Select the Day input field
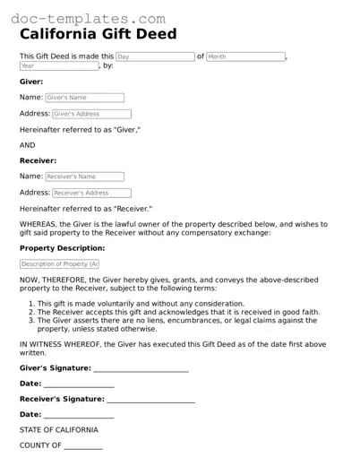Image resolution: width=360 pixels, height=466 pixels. [x=154, y=56]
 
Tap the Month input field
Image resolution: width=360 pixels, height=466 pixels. [x=244, y=56]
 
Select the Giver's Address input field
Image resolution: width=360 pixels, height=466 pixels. [x=91, y=114]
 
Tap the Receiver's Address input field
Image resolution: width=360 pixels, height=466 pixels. [x=91, y=193]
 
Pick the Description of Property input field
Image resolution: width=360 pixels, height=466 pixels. [x=59, y=264]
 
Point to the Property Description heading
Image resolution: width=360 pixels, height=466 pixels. [x=62, y=247]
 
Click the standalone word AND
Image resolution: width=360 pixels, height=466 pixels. [x=28, y=145]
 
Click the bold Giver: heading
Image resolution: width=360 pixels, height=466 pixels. [x=31, y=81]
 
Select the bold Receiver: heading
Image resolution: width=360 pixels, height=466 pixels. [x=38, y=161]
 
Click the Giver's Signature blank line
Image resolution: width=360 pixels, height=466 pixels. [x=141, y=368]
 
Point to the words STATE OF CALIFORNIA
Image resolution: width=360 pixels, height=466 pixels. [x=59, y=430]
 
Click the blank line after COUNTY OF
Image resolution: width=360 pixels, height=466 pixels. [x=83, y=445]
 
